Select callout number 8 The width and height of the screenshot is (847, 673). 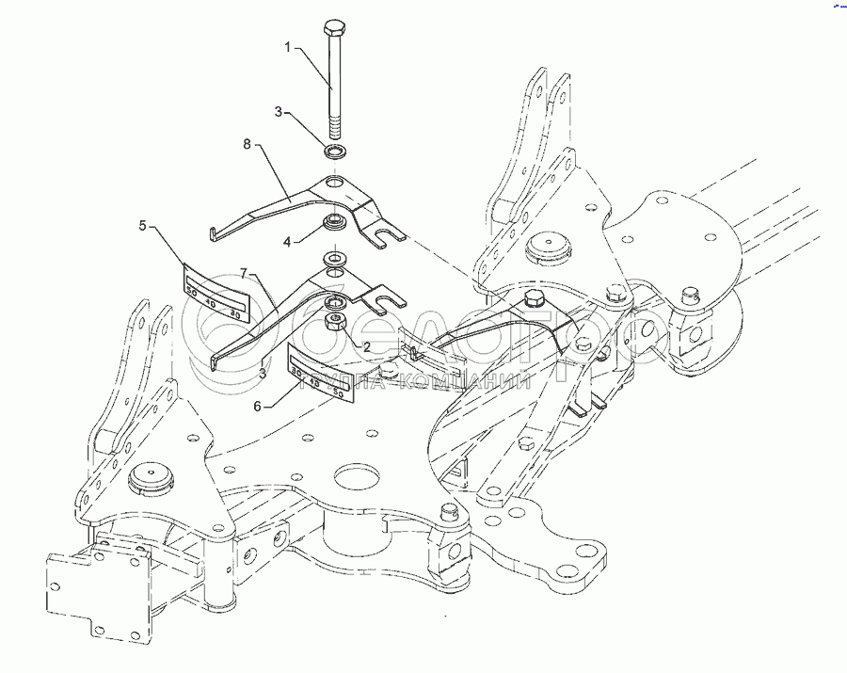coord(248,145)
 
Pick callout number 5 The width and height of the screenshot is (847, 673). coord(143,226)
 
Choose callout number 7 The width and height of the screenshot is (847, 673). coord(243,272)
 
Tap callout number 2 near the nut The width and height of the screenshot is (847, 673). coord(339,346)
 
